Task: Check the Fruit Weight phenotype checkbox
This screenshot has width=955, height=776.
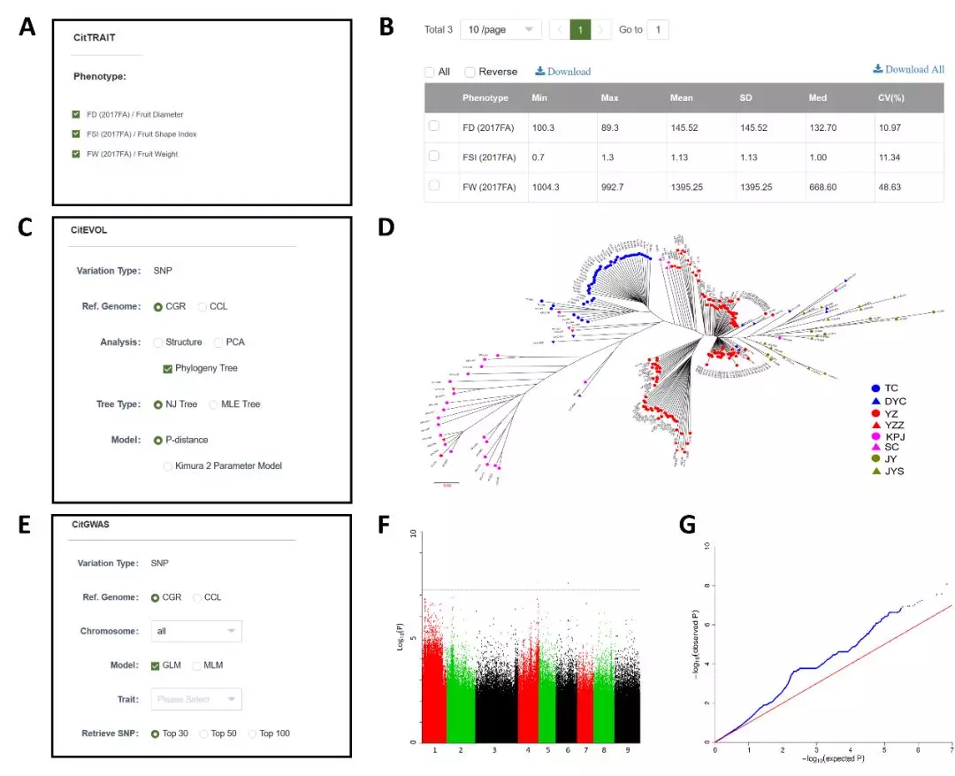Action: pos(77,154)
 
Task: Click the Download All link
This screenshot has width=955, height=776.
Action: pos(908,69)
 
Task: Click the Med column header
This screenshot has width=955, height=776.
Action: pos(819,97)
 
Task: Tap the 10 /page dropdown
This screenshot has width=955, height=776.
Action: pos(501,29)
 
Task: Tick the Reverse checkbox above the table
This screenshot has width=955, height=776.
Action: pos(470,72)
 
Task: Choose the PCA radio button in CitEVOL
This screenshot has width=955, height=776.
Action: pos(218,342)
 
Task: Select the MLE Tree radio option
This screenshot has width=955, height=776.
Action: pos(214,404)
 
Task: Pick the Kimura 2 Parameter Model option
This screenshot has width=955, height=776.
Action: pos(168,465)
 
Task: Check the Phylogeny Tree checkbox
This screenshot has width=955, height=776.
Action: pos(168,368)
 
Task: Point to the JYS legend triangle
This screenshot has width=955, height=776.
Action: pos(875,471)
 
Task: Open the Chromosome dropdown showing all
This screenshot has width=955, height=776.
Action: pos(197,631)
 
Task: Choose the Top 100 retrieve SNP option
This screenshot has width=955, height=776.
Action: pos(252,734)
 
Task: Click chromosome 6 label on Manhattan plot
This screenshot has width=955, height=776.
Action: pos(568,749)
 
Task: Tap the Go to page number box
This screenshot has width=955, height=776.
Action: pos(658,29)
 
